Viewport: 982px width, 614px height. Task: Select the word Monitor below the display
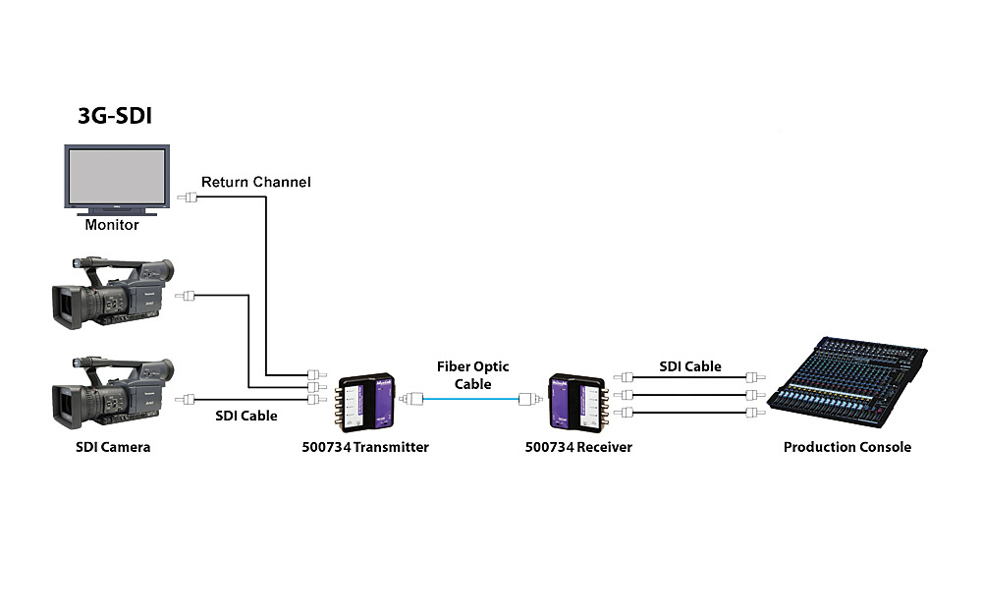click(112, 225)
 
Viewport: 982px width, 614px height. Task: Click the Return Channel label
click(255, 182)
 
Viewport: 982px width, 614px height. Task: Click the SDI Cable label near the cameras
click(245, 416)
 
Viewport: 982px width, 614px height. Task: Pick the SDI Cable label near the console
click(690, 366)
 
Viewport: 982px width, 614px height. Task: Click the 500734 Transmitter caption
click(365, 447)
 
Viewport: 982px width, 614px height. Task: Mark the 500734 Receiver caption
click(578, 447)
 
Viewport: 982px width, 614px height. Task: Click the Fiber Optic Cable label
click(471, 375)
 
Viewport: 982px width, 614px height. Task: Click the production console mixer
click(849, 378)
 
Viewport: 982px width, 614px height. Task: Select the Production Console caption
click(846, 447)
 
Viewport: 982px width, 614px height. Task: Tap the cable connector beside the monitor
click(188, 197)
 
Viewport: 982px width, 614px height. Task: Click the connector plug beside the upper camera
click(188, 295)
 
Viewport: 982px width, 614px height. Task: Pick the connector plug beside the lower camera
click(188, 400)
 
